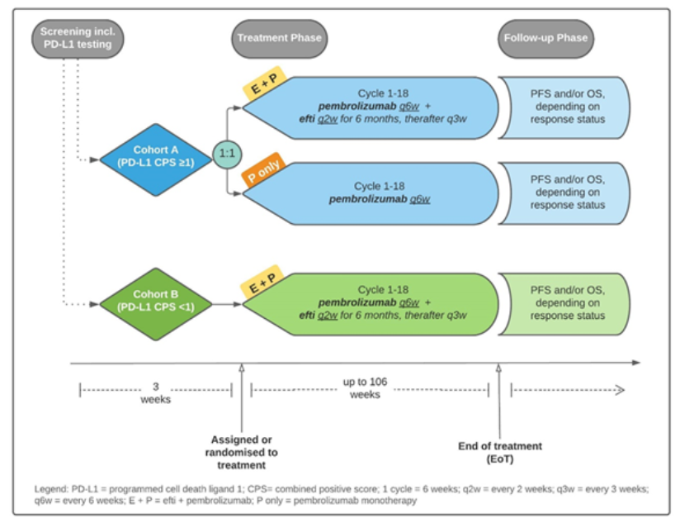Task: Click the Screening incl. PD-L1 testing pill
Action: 78,39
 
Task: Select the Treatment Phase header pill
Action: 279,39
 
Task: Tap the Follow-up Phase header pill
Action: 545,39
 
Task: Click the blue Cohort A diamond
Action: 156,159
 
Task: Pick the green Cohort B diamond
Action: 156,304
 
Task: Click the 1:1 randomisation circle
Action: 227,154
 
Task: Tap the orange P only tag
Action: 263,169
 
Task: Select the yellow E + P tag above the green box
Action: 262,281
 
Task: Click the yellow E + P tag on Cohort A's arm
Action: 265,83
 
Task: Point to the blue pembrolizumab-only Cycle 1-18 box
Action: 371,193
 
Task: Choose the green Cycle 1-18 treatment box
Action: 371,304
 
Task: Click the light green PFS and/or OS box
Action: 564,304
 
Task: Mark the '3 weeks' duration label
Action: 156,392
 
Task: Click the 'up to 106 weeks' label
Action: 365,388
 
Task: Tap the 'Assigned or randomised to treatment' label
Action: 241,452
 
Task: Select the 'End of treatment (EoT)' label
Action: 500,452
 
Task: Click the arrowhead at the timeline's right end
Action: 636,363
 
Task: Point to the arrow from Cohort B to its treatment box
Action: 227,304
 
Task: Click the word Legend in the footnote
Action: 50,489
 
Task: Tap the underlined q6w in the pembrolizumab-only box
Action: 420,199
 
